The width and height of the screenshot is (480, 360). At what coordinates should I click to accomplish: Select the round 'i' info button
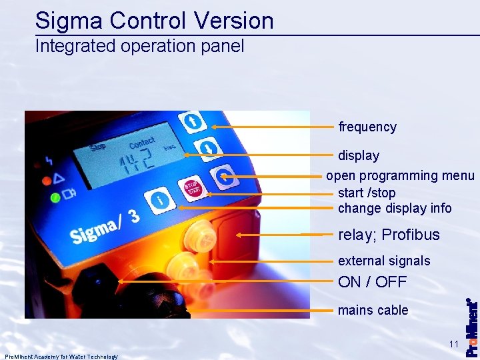tap(160, 199)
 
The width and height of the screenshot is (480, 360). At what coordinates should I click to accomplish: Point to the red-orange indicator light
tap(47, 180)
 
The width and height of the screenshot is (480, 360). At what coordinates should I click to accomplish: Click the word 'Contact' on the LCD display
tap(141, 143)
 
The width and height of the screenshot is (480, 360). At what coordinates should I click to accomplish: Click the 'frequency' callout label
tap(367, 127)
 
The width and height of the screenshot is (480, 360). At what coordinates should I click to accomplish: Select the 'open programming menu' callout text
tap(400, 176)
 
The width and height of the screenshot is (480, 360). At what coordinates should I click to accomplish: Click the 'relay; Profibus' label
tap(389, 235)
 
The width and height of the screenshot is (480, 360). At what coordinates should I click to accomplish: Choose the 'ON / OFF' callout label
tap(372, 282)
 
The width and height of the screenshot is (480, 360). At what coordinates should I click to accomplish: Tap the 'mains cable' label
tap(373, 310)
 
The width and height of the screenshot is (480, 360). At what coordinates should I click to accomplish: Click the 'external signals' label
tap(384, 261)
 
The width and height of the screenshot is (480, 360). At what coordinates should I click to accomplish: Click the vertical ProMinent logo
tap(471, 327)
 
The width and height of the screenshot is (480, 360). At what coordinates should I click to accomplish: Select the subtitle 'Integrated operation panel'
tap(140, 46)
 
